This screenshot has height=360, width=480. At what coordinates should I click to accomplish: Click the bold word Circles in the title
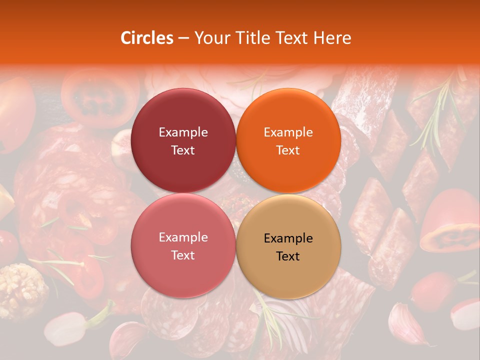(x=146, y=38)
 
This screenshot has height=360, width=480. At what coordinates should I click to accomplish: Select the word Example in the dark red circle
(x=183, y=132)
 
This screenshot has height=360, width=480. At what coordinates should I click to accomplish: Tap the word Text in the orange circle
(x=288, y=150)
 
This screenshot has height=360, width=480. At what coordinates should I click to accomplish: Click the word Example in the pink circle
(x=183, y=237)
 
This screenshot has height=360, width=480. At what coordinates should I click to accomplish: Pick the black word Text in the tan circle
(x=288, y=256)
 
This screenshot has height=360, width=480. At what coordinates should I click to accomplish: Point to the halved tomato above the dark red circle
(x=100, y=97)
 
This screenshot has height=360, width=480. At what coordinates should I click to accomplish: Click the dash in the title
(x=183, y=38)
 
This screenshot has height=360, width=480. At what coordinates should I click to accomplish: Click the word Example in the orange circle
(x=288, y=132)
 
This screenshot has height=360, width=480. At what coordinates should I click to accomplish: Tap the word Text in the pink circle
(x=183, y=255)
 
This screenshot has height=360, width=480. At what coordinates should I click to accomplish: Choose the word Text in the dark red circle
(x=183, y=150)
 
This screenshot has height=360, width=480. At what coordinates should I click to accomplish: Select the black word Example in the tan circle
(x=288, y=238)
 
